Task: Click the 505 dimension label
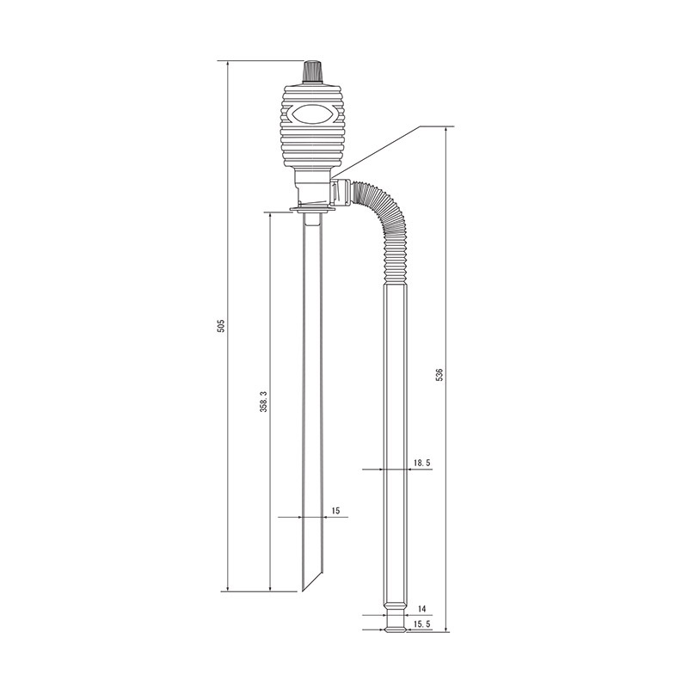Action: (221, 325)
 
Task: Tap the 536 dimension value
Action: (439, 374)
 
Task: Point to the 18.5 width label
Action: (421, 463)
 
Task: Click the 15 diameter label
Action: (335, 510)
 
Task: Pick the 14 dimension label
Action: (422, 609)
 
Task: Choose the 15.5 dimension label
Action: (421, 624)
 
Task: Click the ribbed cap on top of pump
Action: (312, 71)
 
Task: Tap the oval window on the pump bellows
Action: (311, 114)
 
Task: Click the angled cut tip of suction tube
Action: (312, 580)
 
